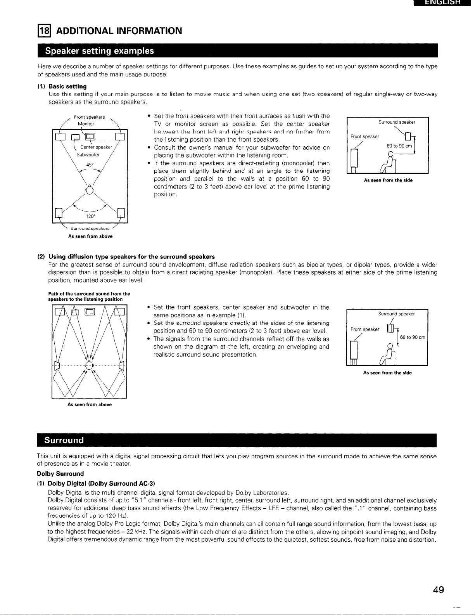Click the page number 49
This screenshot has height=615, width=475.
[439, 590]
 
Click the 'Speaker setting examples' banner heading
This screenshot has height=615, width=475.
[100, 51]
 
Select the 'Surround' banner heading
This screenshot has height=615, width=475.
[64, 440]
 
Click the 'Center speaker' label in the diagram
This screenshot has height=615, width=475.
[96, 147]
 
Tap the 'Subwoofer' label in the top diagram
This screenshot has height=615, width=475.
[88, 154]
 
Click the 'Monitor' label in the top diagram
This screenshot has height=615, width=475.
[86, 124]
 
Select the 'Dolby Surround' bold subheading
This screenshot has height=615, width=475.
[60, 473]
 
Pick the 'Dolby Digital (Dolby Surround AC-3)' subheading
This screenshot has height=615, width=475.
[101, 483]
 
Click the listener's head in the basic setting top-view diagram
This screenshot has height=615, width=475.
[90, 190]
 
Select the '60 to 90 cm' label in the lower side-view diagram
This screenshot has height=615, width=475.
[413, 337]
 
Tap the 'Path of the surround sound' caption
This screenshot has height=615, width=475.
[89, 296]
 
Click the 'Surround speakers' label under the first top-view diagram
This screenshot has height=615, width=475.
[90, 229]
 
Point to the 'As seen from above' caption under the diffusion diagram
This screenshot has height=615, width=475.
[89, 405]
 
